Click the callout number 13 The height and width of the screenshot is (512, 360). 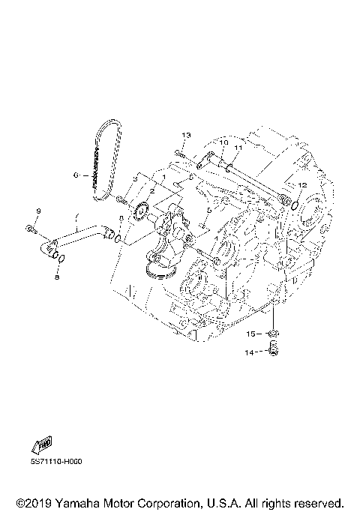coord(186,135)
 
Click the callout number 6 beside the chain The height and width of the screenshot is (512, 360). coord(76,175)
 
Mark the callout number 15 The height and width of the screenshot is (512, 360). coord(253,333)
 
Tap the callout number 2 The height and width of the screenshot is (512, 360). coord(151,192)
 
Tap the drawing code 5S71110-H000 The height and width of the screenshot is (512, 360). coord(57,461)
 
